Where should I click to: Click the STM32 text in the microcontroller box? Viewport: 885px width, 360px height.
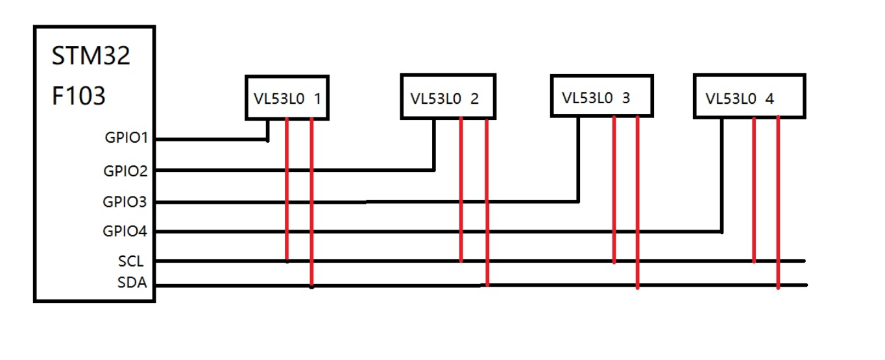(91, 56)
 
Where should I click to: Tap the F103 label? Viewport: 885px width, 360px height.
(79, 97)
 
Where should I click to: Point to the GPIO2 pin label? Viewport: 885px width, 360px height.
(126, 171)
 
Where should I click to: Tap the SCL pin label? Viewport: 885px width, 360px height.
(131, 261)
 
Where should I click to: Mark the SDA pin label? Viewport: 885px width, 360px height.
(132, 283)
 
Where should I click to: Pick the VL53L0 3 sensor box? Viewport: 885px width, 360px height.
(601, 96)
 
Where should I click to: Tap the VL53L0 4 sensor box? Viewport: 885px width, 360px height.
(749, 97)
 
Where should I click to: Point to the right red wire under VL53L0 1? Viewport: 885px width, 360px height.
(311, 201)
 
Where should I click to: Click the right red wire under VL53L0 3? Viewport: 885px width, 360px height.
(637, 202)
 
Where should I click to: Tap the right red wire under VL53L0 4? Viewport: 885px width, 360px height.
(778, 202)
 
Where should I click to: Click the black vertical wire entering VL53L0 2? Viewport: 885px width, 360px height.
(434, 144)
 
